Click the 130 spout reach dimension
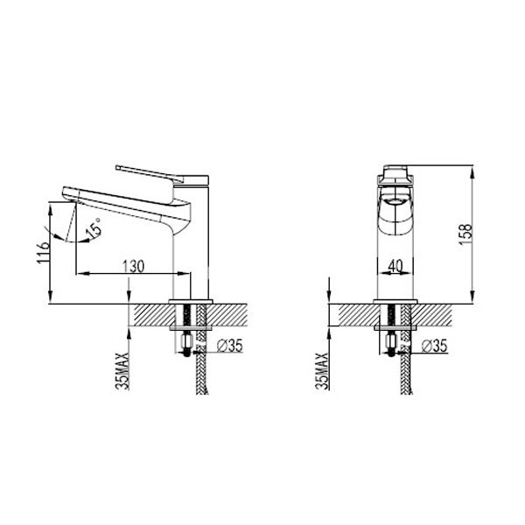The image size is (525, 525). pyautogui.click(x=133, y=267)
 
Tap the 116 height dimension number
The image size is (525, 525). pyautogui.click(x=44, y=252)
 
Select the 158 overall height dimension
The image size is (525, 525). pyautogui.click(x=465, y=234)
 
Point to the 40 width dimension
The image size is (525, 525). pyautogui.click(x=395, y=266)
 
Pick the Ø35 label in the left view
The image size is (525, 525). pyautogui.click(x=229, y=346)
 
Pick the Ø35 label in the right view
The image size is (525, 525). pyautogui.click(x=434, y=346)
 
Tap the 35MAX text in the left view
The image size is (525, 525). pyautogui.click(x=122, y=371)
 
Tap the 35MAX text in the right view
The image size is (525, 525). pyautogui.click(x=322, y=371)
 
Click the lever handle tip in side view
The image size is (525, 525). pyautogui.click(x=117, y=167)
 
